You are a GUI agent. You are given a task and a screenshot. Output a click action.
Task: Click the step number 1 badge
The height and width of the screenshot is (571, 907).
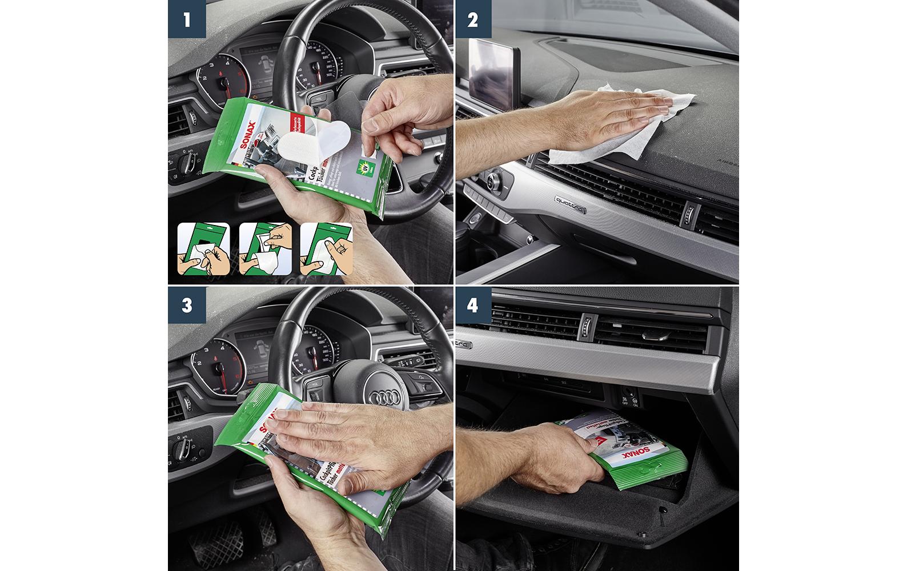point(187,20)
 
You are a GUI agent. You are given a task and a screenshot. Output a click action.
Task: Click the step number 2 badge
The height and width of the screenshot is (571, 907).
point(473,20)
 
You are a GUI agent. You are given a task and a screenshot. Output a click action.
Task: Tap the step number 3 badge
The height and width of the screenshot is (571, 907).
point(187,306)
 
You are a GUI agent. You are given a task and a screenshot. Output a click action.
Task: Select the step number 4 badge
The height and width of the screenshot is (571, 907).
point(473,306)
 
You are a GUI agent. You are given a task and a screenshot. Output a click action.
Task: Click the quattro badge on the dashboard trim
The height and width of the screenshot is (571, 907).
point(569,204)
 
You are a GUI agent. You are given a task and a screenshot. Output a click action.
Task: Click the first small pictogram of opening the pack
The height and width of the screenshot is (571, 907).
point(204,250)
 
